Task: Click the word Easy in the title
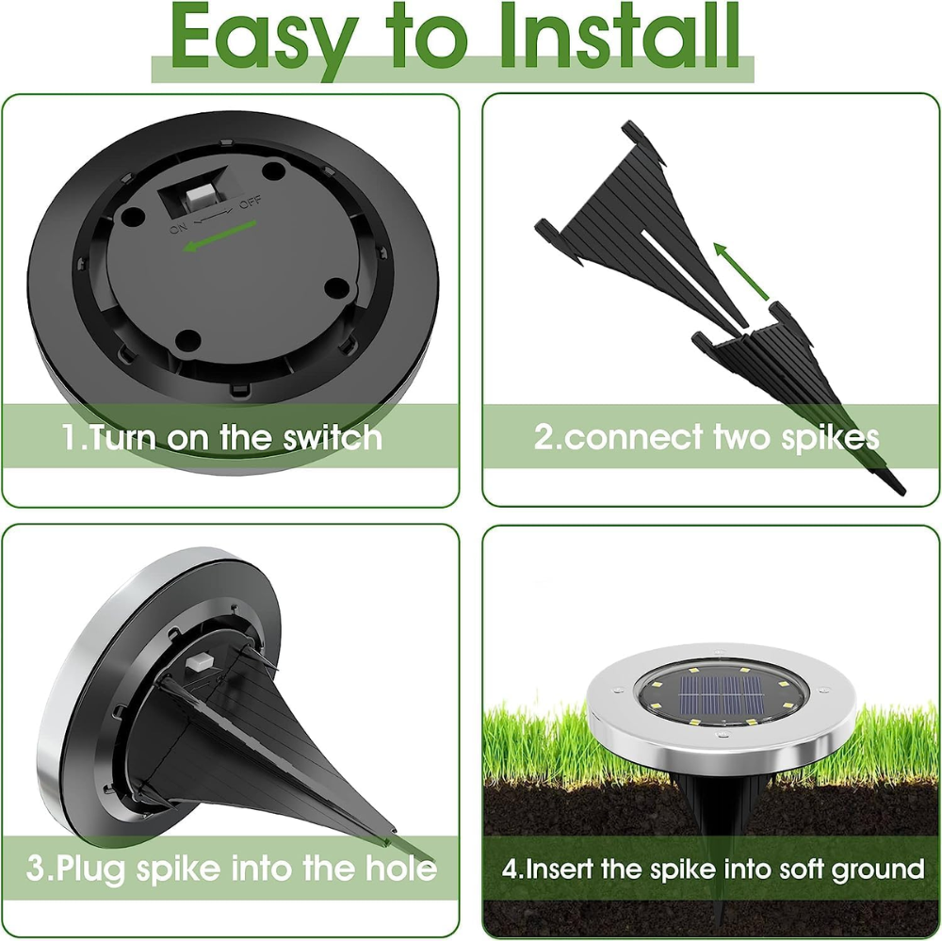pos(251,38)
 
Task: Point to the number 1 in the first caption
pos(70,438)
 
